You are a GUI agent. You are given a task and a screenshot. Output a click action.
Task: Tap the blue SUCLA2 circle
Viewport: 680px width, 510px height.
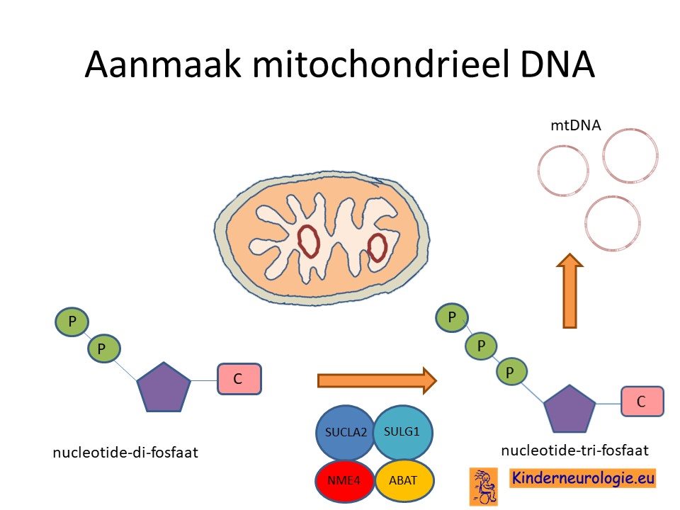click(x=345, y=432)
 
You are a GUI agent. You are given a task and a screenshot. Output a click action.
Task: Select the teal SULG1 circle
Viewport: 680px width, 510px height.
click(x=402, y=432)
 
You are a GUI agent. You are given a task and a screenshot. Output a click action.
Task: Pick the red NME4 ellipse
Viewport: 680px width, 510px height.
click(x=345, y=480)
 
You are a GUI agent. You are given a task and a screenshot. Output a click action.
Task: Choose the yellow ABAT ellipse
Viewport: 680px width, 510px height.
click(x=404, y=480)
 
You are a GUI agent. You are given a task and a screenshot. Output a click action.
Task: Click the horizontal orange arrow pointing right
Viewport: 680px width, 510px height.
click(x=377, y=380)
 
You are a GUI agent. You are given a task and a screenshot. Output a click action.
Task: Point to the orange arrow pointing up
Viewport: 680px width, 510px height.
click(x=569, y=291)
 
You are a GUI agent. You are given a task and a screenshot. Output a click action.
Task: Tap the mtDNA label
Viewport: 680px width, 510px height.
click(x=576, y=125)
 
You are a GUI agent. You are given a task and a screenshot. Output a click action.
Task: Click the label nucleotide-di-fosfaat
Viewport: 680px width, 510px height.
click(x=125, y=453)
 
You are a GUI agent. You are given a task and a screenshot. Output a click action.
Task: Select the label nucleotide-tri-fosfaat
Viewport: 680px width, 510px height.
click(x=574, y=450)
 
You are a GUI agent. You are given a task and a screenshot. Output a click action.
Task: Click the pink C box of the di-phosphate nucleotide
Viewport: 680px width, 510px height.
click(x=239, y=379)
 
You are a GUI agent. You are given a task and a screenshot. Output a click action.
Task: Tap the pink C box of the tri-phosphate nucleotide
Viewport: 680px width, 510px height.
click(x=642, y=401)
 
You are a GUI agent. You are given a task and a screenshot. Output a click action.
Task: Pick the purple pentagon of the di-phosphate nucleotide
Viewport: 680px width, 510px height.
click(x=164, y=387)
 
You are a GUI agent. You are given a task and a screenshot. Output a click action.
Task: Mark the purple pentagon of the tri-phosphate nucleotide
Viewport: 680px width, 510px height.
click(x=569, y=409)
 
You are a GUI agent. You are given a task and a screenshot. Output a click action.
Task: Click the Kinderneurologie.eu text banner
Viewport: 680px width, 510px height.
click(x=582, y=478)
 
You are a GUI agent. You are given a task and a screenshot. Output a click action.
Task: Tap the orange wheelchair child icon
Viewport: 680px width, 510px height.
click(x=484, y=487)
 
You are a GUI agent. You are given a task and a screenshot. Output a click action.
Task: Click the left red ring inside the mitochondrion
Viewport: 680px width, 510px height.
click(x=309, y=241)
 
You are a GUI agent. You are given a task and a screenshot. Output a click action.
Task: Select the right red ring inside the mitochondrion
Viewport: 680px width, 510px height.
click(x=377, y=248)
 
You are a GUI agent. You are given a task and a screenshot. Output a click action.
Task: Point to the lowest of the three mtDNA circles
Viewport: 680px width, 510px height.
click(x=612, y=224)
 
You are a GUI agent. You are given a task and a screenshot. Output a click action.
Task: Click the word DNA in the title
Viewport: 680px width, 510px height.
click(x=557, y=64)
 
